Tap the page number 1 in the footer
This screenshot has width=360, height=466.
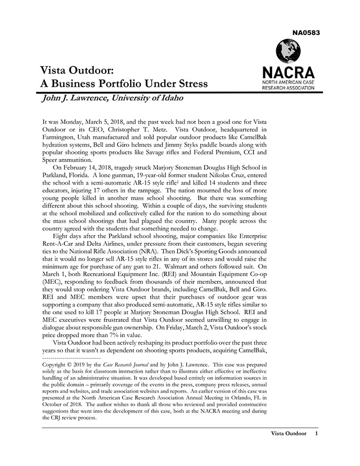(316, 434)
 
